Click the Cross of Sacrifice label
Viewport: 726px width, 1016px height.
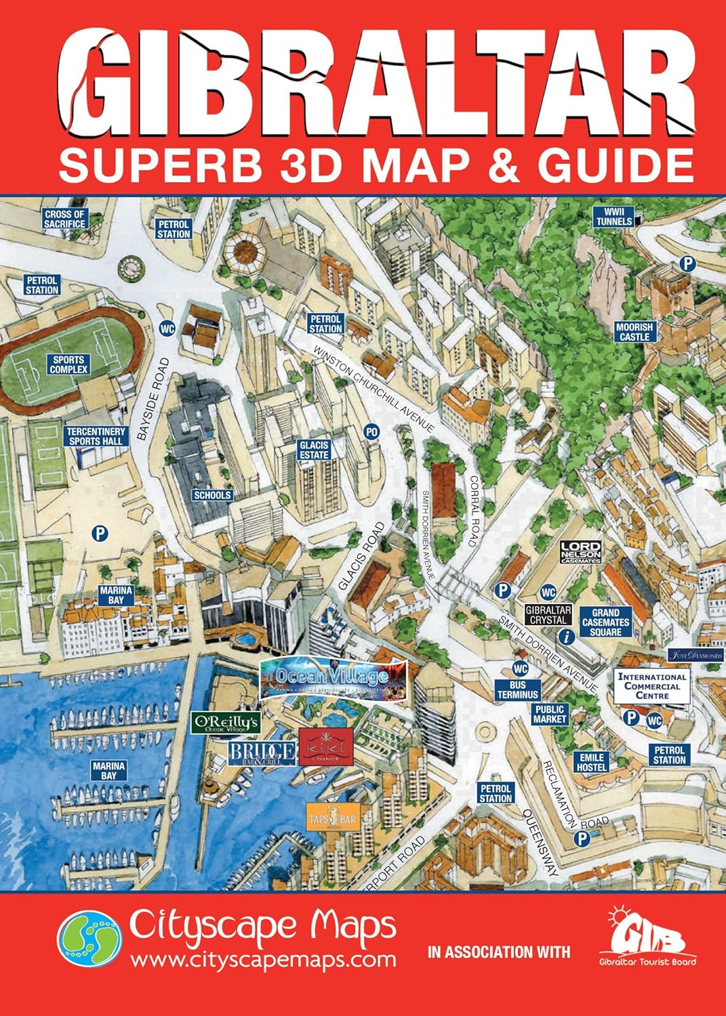tap(64, 219)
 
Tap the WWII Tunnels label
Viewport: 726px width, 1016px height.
tap(614, 217)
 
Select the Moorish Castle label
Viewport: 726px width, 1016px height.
tap(634, 332)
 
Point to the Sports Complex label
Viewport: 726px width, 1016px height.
tap(68, 365)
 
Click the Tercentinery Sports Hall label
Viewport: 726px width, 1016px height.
tap(96, 436)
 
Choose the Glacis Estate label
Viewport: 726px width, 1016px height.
tap(313, 450)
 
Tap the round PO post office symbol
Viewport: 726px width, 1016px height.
tap(371, 431)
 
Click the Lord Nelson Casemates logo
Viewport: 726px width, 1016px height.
tap(581, 553)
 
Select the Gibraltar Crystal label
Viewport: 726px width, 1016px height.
tap(548, 615)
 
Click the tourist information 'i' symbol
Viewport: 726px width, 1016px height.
tap(566, 636)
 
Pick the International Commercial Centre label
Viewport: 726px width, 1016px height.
tap(652, 686)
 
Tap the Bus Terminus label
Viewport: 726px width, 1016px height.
tap(517, 690)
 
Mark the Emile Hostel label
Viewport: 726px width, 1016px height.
tap(591, 763)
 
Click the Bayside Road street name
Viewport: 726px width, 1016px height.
tap(153, 400)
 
